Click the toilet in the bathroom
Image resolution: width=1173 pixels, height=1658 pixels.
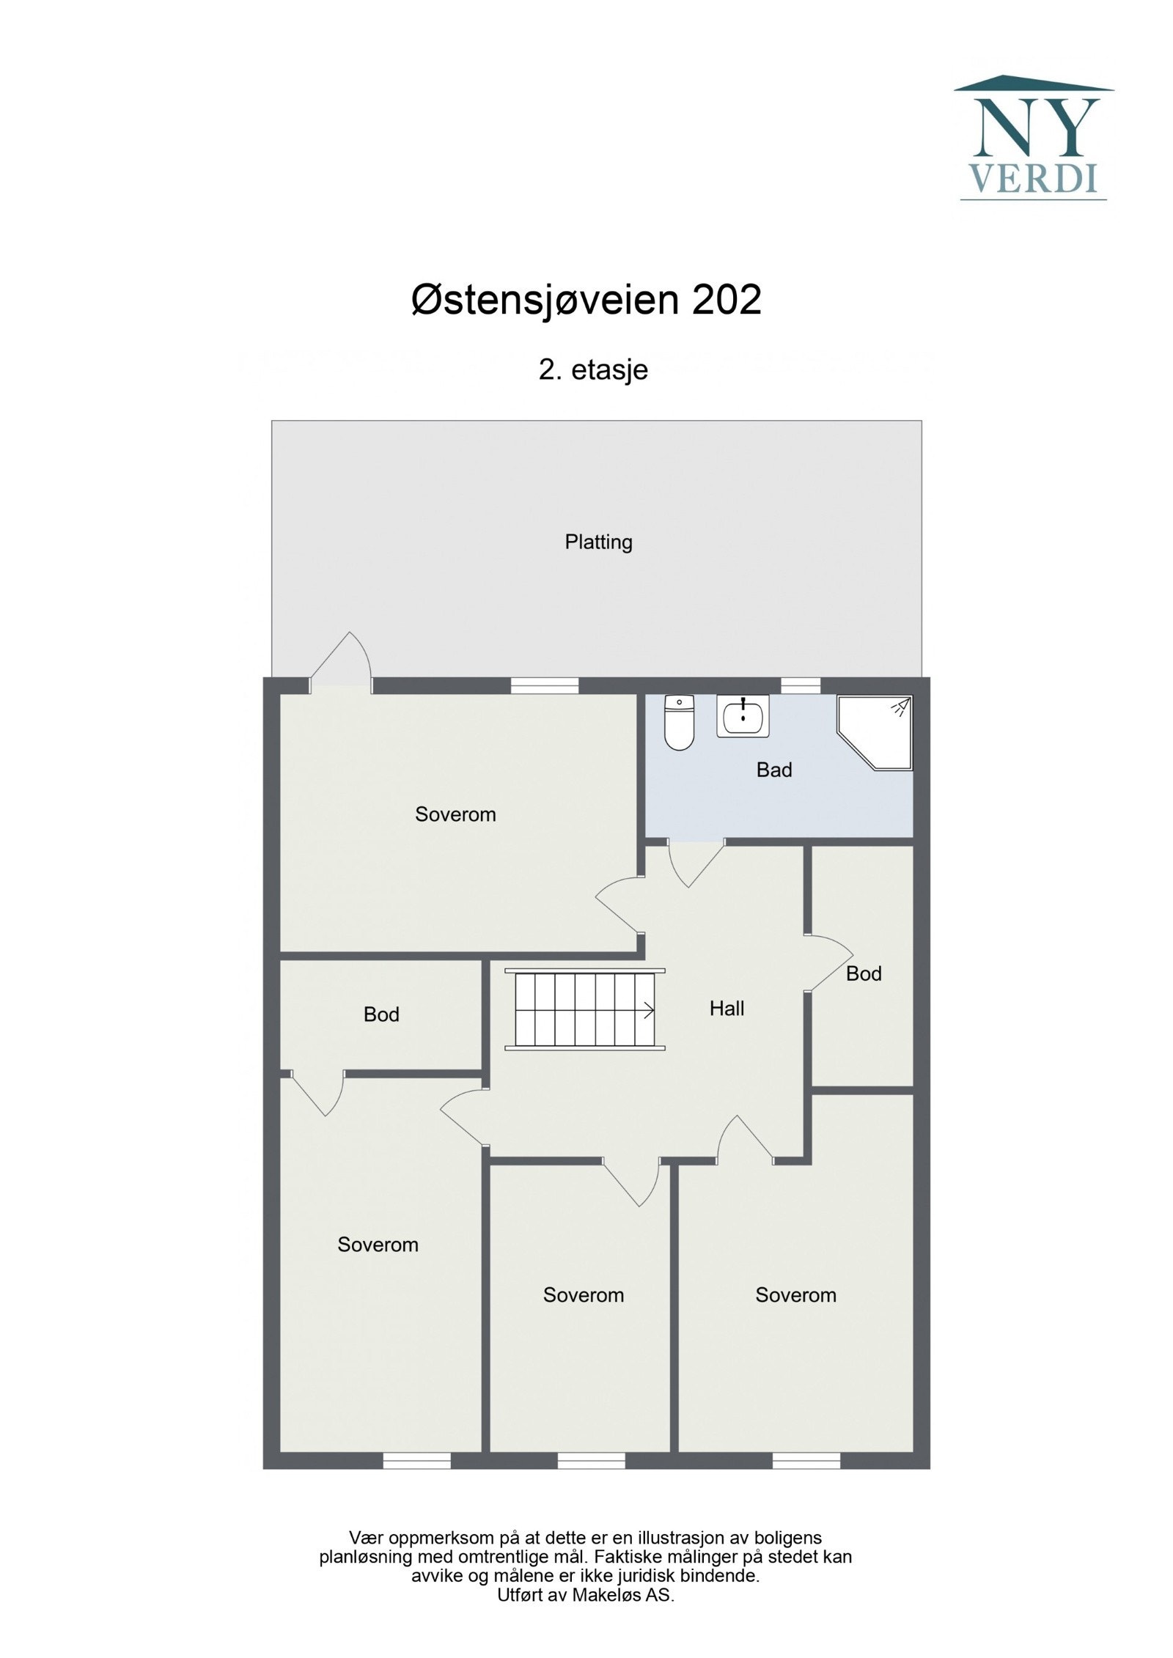tap(677, 723)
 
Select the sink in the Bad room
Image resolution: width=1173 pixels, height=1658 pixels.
tap(743, 715)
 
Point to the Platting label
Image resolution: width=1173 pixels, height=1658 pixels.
tap(598, 542)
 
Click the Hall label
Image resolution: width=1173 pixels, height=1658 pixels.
tap(727, 1009)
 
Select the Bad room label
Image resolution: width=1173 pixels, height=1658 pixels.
tap(774, 770)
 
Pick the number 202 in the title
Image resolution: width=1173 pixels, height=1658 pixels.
tap(726, 300)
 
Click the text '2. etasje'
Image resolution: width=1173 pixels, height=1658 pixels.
tap(593, 369)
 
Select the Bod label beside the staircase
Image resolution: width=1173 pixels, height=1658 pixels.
tap(381, 1014)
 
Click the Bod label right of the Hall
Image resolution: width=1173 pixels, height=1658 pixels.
tap(864, 973)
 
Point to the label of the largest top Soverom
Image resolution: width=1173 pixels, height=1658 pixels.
tap(455, 814)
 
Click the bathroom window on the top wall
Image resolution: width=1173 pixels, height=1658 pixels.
tap(801, 685)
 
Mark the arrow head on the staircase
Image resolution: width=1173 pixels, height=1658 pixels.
tap(649, 1011)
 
